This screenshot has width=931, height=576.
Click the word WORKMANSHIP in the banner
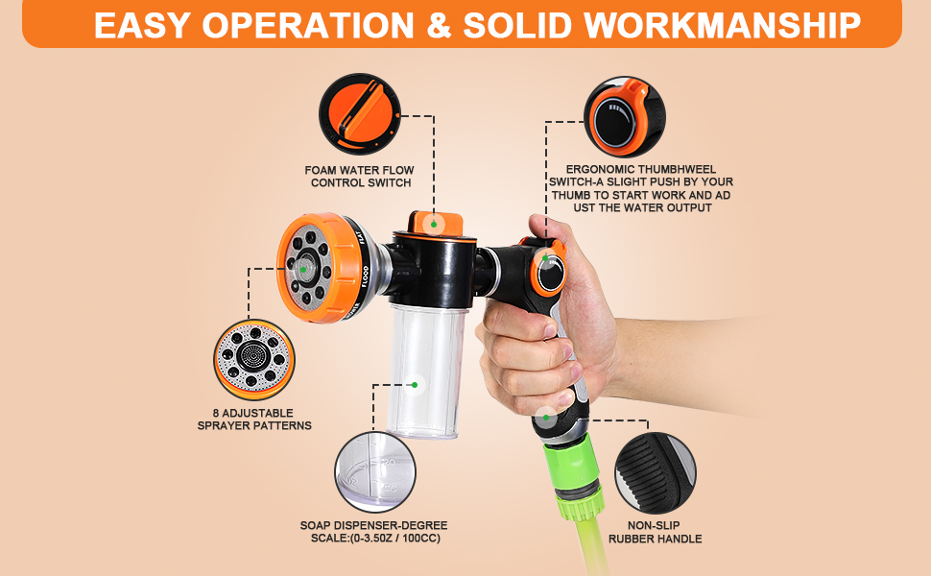pyautogui.click(x=722, y=25)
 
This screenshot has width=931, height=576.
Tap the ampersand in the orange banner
pyautogui.click(x=439, y=25)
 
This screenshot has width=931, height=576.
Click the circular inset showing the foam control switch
pyautogui.click(x=360, y=114)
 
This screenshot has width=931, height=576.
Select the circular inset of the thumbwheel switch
pyautogui.click(x=624, y=116)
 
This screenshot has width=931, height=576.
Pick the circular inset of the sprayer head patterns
pyautogui.click(x=254, y=359)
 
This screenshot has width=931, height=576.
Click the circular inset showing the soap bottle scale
pyautogui.click(x=375, y=471)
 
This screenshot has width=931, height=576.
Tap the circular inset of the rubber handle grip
pyautogui.click(x=655, y=472)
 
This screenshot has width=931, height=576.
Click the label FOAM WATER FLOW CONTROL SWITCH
pyautogui.click(x=360, y=177)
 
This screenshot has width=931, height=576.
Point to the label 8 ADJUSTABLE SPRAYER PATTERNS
pyautogui.click(x=254, y=420)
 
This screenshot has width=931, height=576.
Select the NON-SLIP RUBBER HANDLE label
pyautogui.click(x=655, y=532)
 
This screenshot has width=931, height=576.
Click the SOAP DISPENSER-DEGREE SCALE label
pyautogui.click(x=374, y=532)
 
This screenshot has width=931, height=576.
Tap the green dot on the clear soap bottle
pyautogui.click(x=415, y=385)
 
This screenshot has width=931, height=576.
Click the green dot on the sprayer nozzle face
pyautogui.click(x=303, y=270)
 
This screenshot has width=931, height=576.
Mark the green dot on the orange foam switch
pyautogui.click(x=434, y=225)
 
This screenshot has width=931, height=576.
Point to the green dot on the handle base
pyautogui.click(x=546, y=418)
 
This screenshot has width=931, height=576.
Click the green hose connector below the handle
pyautogui.click(x=575, y=478)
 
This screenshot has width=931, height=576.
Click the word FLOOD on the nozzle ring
pyautogui.click(x=365, y=276)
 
